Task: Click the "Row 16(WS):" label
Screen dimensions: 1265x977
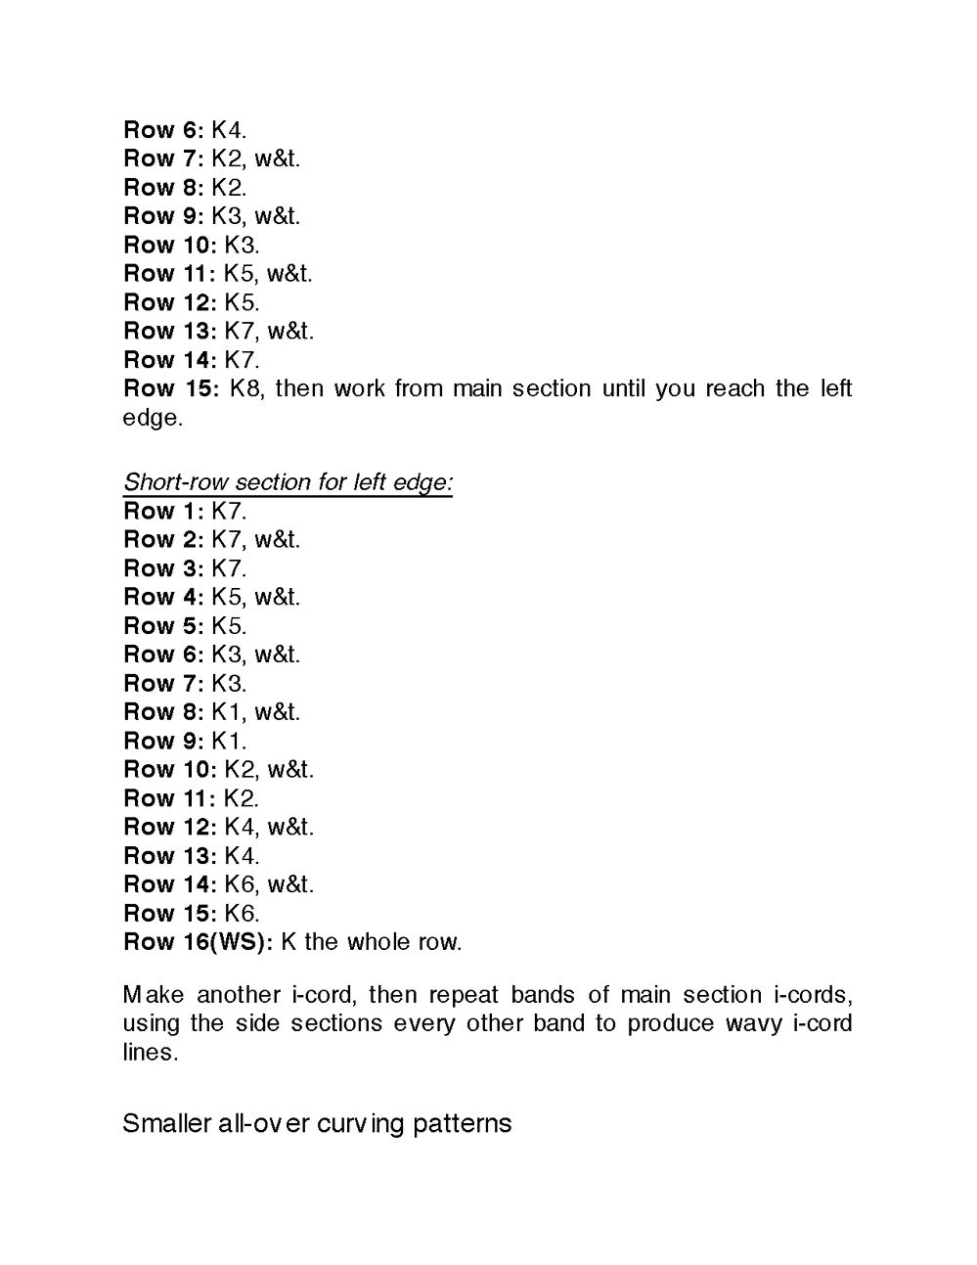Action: [198, 942]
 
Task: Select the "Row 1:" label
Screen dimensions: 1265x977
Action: [163, 511]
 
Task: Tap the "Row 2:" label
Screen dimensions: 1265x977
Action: [163, 539]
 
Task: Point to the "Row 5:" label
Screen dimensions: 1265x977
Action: [163, 625]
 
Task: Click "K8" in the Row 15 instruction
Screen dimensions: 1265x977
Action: [245, 388]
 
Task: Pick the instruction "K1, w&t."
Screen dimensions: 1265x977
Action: [256, 711]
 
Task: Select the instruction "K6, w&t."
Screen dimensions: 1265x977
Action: [269, 884]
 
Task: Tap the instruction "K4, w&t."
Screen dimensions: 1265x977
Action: [269, 827]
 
